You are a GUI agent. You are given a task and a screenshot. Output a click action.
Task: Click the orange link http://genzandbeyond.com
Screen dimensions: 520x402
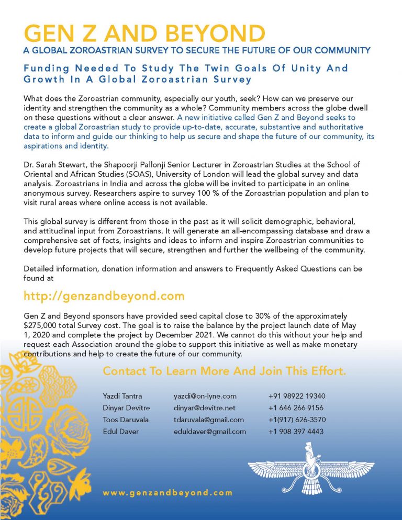pyautogui.click(x=104, y=296)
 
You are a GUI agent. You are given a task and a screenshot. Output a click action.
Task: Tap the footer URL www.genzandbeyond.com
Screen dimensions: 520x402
pyautogui.click(x=167, y=493)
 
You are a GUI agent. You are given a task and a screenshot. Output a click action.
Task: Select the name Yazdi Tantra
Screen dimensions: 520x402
pyautogui.click(x=122, y=396)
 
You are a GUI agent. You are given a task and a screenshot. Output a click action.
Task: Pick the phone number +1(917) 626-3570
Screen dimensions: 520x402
pyautogui.click(x=297, y=420)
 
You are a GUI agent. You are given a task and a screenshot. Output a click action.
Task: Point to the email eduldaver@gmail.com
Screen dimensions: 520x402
pyautogui.click(x=210, y=432)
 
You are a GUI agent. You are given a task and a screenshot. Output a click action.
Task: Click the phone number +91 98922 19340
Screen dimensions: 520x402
pyautogui.click(x=297, y=396)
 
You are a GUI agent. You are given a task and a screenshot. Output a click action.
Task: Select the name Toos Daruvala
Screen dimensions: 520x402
pyautogui.click(x=126, y=420)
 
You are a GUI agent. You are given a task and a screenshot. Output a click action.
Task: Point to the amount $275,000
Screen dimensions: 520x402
pyautogui.click(x=42, y=325)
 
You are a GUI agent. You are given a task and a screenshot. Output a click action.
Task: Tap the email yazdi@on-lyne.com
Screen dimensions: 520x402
pyautogui.click(x=205, y=396)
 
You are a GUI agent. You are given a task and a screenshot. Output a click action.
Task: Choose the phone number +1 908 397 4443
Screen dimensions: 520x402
pyautogui.click(x=296, y=432)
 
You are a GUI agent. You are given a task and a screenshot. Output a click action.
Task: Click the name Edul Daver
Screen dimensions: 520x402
pyautogui.click(x=118, y=432)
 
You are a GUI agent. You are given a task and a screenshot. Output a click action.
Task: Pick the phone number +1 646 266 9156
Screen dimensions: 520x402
pyautogui.click(x=296, y=408)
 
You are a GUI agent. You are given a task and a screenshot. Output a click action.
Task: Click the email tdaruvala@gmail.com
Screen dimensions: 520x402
pyautogui.click(x=209, y=420)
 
